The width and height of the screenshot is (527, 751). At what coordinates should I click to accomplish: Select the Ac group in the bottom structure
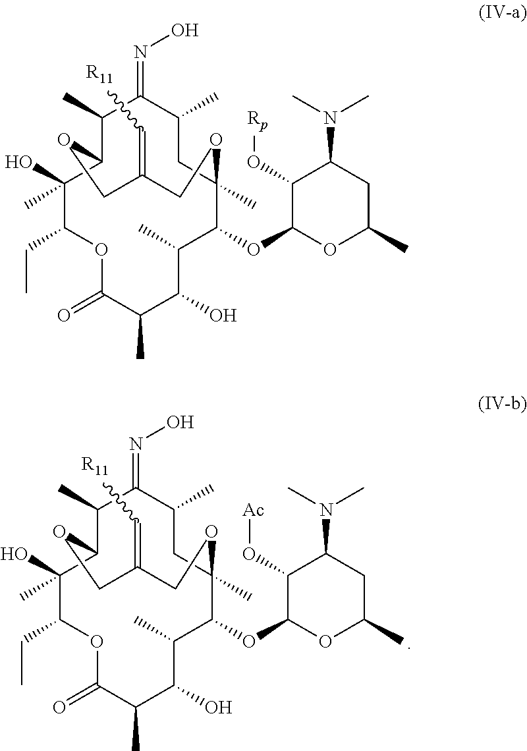pyautogui.click(x=254, y=511)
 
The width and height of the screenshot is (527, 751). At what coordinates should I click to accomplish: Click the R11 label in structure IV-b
pyautogui.click(x=96, y=464)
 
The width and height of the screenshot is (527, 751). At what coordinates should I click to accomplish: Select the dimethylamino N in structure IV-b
pyautogui.click(x=325, y=508)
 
